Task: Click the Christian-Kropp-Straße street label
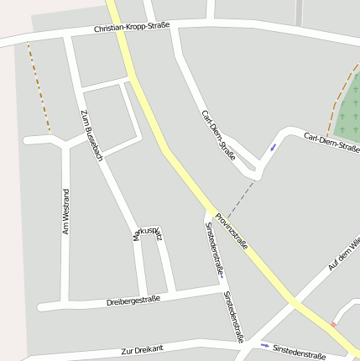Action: coord(132,28)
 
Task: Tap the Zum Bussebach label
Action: coord(91,134)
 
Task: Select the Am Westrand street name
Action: coord(65,212)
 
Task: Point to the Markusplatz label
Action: coord(148,233)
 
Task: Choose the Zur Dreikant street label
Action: coord(141,348)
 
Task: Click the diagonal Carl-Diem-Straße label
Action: coord(218,135)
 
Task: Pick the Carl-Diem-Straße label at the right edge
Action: coord(331,142)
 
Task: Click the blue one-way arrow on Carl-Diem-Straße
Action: coord(272,148)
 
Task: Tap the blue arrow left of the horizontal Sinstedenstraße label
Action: coord(265,345)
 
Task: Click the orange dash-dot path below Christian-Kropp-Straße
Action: coord(39,88)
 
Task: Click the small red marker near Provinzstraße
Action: coord(334,323)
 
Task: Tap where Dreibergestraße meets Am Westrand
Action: coord(64,304)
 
